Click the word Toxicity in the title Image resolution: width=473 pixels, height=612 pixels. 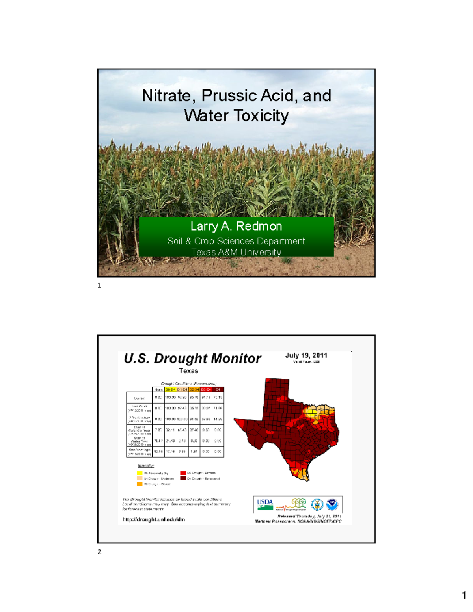tap(261, 116)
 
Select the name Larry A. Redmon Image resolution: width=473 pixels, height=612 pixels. tap(236, 226)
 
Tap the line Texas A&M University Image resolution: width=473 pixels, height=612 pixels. tap(236, 252)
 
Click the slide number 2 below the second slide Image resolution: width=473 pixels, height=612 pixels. tap(99, 552)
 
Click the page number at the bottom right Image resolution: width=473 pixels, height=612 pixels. tap(464, 595)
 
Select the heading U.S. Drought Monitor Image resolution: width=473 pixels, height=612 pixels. tap(192, 358)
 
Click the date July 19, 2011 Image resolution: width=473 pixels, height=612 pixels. tap(306, 355)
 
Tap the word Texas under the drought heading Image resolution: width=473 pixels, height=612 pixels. tap(188, 371)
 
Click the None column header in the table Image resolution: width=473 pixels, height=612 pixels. tap(158, 389)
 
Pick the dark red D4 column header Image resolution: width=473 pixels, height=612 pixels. tap(218, 389)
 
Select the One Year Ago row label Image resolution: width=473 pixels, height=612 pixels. tap(140, 452)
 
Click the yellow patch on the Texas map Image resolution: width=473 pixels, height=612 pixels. tap(311, 413)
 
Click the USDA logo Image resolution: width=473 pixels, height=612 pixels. tap(265, 504)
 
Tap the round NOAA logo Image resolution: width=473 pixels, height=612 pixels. tap(332, 504)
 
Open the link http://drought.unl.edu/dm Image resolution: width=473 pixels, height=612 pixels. tap(154, 519)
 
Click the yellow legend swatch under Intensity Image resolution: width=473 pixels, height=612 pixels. tap(140, 473)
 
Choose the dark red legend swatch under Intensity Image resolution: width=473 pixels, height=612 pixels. tap(183, 478)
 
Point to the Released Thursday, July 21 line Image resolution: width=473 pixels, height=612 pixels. tap(309, 516)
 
